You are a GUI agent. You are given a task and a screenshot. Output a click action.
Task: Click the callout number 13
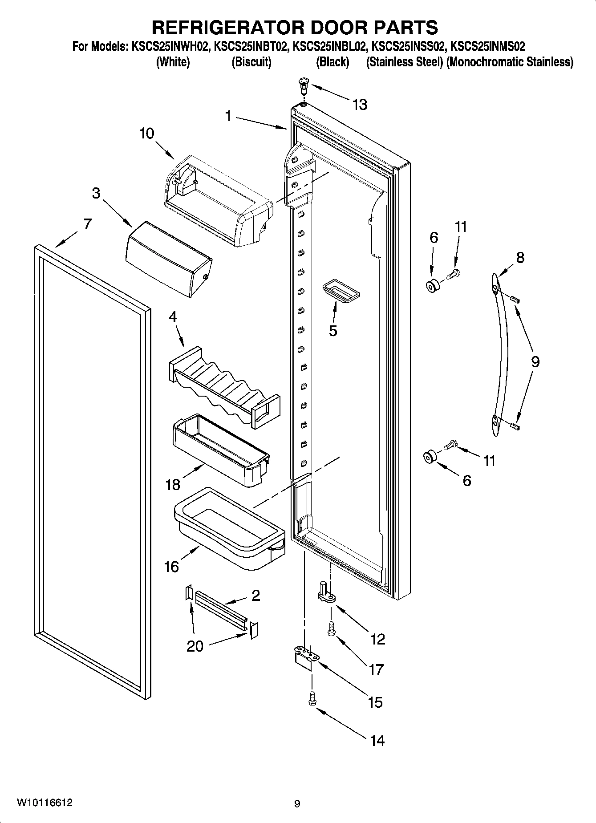360,105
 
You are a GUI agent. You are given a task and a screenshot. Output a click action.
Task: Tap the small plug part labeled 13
303,84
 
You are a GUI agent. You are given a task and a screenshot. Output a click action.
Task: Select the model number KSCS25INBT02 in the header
251,46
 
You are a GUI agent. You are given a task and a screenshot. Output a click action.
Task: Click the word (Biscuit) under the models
251,62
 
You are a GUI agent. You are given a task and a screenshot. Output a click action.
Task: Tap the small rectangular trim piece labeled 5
341,291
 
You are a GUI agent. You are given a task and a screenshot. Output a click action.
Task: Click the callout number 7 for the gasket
87,224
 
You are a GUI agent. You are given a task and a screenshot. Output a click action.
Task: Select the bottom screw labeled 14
312,698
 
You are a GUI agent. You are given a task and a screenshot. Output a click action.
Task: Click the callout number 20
195,646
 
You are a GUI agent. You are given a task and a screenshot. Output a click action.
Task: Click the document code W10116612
45,803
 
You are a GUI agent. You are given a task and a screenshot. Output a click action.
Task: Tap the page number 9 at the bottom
297,804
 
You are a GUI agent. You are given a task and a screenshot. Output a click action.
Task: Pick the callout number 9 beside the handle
535,361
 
